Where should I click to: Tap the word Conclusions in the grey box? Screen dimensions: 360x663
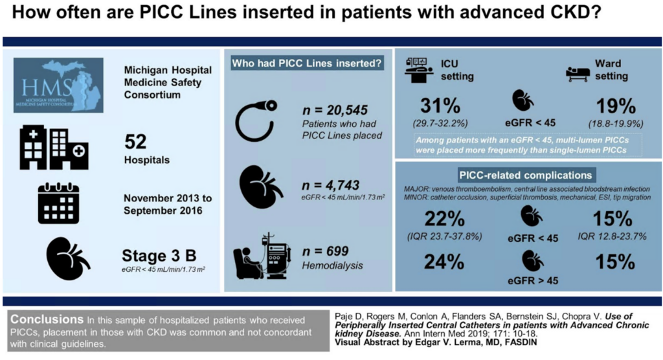pyautogui.click(x=45, y=319)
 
